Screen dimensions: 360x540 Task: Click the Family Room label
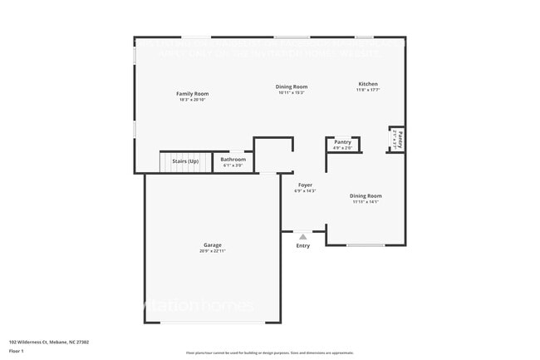click(x=190, y=93)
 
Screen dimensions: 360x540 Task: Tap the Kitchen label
click(x=368, y=84)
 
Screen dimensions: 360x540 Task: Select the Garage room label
click(x=213, y=244)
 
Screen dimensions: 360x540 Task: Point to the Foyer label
click(x=305, y=185)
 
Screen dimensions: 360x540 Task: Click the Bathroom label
click(x=233, y=159)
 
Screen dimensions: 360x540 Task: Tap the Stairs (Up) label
click(x=185, y=160)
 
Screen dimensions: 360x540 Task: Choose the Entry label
click(x=302, y=245)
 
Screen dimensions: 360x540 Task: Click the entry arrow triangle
click(x=302, y=236)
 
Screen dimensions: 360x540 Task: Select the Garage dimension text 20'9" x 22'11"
click(x=213, y=250)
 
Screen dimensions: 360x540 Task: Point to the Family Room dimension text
click(x=190, y=100)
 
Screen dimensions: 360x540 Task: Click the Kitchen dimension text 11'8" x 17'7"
click(x=368, y=90)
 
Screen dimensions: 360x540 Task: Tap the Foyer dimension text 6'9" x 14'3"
click(x=305, y=190)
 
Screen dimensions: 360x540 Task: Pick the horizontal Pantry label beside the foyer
click(x=342, y=142)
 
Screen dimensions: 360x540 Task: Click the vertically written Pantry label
click(x=400, y=139)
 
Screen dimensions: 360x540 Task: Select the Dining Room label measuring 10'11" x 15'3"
click(x=292, y=86)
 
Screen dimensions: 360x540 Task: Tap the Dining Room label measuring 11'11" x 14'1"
click(x=366, y=195)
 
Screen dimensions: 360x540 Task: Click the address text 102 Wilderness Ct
click(x=49, y=342)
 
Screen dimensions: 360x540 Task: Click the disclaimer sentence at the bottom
click(x=269, y=353)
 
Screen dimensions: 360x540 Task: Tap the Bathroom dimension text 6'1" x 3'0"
click(x=233, y=165)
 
